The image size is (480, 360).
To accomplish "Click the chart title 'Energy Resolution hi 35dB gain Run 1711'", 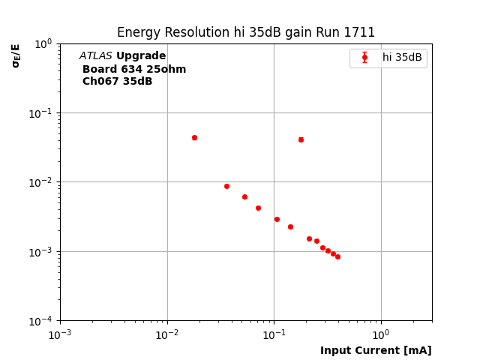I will click(x=246, y=32).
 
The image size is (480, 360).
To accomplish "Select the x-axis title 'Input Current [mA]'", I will click(x=376, y=350).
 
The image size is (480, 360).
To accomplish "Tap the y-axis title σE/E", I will click(x=16, y=55).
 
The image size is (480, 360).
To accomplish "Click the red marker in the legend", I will click(x=364, y=57).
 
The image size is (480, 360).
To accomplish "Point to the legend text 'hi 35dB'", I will click(x=402, y=57).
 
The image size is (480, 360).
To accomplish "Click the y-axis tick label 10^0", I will click(x=43, y=43).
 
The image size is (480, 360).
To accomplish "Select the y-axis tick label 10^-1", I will click(x=41, y=112).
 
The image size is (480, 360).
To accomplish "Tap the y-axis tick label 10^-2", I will click(x=41, y=182).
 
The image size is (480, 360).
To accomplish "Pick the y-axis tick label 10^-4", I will click(x=41, y=321).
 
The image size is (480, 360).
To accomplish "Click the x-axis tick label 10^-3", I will click(x=60, y=334).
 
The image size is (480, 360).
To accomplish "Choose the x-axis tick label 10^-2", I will click(x=167, y=334).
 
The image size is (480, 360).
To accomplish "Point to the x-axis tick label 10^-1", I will click(x=274, y=334).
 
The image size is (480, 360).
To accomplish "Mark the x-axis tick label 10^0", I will click(x=381, y=334).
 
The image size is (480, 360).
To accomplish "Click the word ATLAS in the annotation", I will click(x=95, y=56).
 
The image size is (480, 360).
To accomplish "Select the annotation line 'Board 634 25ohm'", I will click(x=134, y=69).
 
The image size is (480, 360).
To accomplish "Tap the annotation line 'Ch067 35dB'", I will click(x=117, y=81).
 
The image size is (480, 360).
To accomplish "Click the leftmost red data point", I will click(x=194, y=137).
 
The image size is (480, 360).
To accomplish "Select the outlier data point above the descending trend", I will click(x=301, y=139).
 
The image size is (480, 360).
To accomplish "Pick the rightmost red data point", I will click(x=337, y=256).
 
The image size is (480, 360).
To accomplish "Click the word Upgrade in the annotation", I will click(x=141, y=56).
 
